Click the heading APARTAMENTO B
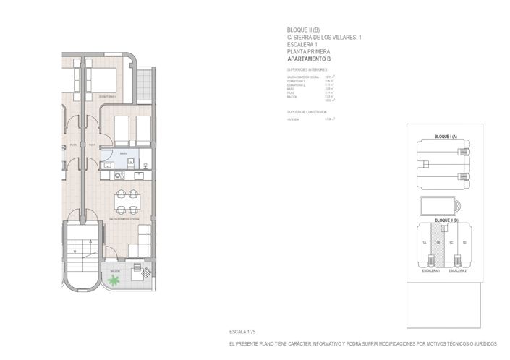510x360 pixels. [x=308, y=59]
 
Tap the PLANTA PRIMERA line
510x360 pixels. [x=308, y=51]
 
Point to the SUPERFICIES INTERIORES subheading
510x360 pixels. [x=307, y=69]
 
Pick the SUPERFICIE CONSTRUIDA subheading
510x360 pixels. [x=307, y=112]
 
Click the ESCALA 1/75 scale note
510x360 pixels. [x=242, y=330]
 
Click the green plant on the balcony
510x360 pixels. [x=113, y=278]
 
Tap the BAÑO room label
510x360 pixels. [x=124, y=153]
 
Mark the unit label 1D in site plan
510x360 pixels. [x=464, y=243]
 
